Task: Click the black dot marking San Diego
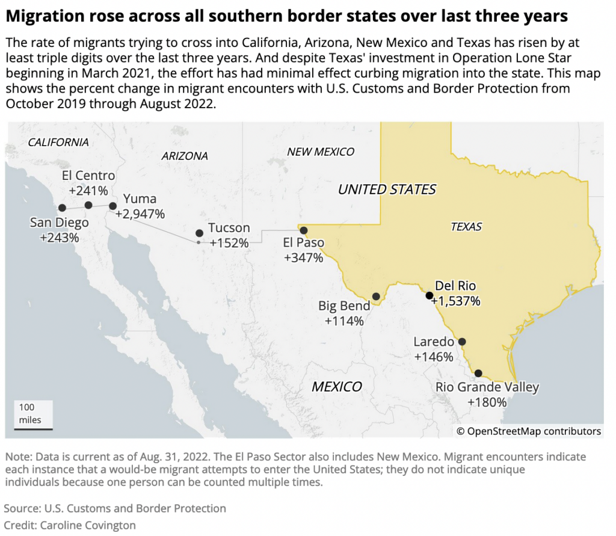[x=61, y=208]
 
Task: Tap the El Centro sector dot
[x=88, y=205]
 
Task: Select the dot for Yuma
[x=112, y=206]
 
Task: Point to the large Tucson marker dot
[x=199, y=233]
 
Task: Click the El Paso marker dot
[x=304, y=230]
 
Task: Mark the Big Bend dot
[x=376, y=296]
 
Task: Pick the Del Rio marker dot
[x=429, y=295]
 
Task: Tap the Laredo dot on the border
[x=462, y=342]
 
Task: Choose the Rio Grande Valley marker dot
[x=478, y=373]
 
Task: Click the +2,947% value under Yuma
[x=140, y=214]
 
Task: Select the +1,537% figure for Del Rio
[x=455, y=301]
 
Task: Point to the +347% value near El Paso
[x=304, y=258]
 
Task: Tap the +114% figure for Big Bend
[x=344, y=321]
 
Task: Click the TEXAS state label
[x=466, y=227]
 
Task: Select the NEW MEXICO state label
[x=321, y=152]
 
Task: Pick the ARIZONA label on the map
[x=185, y=156]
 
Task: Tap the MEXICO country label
[x=336, y=387]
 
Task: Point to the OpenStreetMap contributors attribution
[x=529, y=431]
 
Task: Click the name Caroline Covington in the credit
[x=88, y=525]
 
